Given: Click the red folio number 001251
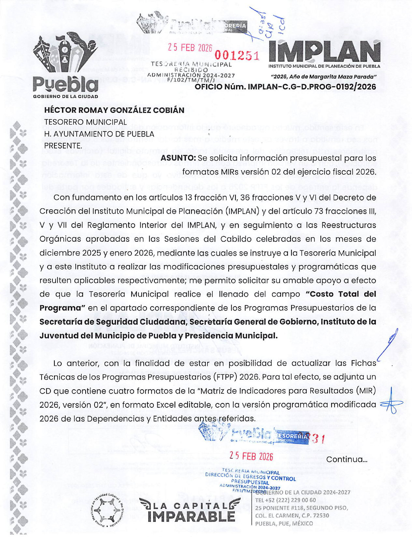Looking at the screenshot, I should point(237,56).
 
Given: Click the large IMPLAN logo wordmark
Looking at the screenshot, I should point(324,51).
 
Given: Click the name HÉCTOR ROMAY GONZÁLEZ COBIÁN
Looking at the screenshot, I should point(114,110).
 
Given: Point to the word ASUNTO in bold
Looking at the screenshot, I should point(178,158).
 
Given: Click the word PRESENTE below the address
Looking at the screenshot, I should point(63,146).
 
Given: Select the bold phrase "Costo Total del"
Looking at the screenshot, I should point(341,294).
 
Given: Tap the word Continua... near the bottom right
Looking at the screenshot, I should point(347,459).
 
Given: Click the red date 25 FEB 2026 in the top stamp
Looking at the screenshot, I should point(190,48).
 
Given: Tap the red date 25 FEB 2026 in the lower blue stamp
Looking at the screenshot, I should point(251,456).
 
